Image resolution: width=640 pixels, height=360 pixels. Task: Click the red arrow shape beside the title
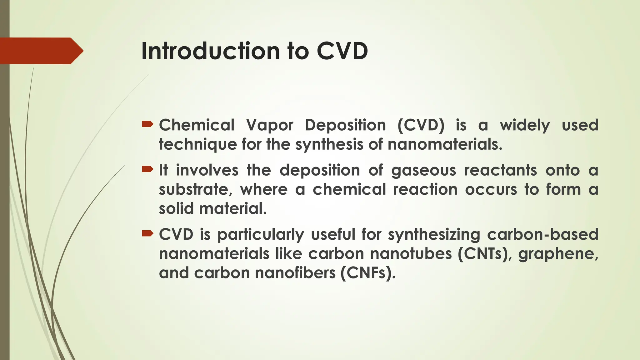41,51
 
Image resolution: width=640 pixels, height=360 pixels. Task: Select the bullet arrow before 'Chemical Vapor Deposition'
147,125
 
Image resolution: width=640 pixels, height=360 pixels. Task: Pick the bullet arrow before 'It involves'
147,170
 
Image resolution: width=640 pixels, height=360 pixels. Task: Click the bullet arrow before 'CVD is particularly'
147,233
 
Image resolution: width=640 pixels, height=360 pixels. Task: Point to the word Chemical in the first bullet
197,125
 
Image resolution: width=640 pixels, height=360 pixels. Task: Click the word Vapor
270,125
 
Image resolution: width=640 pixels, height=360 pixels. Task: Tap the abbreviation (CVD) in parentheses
421,125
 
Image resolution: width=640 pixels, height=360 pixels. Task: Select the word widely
525,126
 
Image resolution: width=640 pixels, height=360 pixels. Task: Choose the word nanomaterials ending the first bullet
445,144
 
